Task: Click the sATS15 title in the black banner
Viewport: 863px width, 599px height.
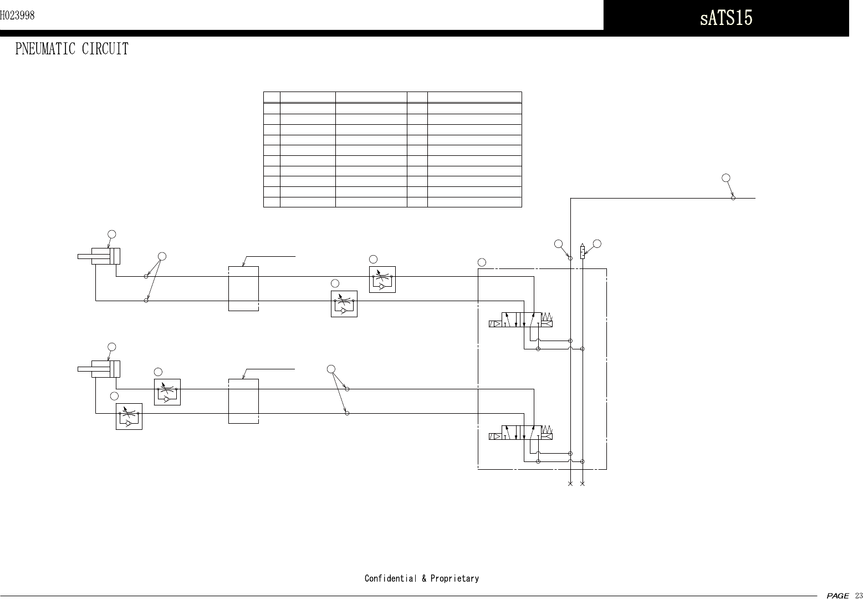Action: tap(726, 18)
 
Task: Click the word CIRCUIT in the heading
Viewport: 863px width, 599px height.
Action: tap(105, 49)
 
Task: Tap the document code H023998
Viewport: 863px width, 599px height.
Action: tap(17, 16)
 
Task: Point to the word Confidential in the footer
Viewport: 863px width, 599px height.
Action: tap(390, 578)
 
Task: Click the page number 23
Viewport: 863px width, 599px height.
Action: tap(858, 595)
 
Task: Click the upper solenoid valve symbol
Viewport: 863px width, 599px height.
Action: tap(521, 319)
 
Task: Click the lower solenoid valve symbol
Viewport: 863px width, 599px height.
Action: tap(521, 433)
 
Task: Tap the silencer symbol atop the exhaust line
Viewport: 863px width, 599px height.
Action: tap(583, 251)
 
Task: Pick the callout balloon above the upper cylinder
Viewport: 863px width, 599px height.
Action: tap(112, 234)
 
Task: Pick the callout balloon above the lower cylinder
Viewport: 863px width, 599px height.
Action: tap(112, 347)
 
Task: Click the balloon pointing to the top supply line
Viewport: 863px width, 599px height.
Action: tap(726, 178)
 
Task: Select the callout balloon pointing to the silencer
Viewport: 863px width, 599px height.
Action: tap(598, 243)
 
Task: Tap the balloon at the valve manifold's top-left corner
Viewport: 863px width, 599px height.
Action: tap(482, 261)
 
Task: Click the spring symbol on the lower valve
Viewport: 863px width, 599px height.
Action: tap(547, 429)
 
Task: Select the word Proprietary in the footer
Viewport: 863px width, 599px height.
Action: tap(455, 578)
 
